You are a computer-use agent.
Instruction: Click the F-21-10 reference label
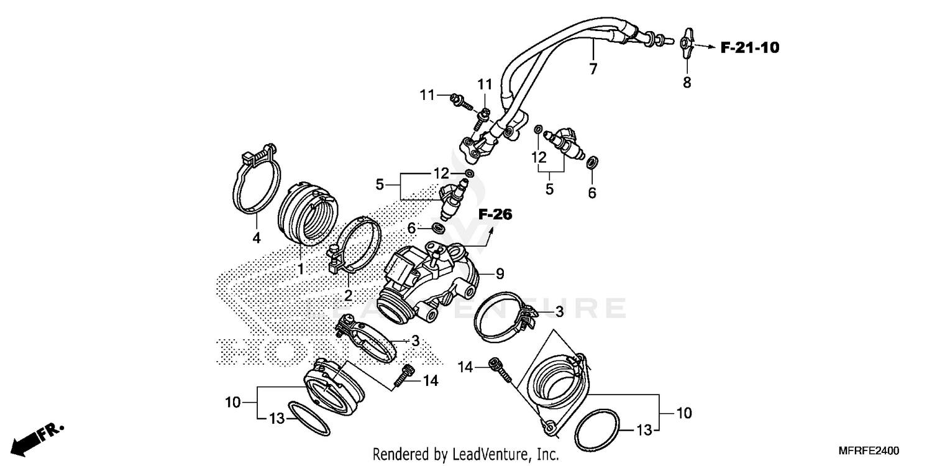750,47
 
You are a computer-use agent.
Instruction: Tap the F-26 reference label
495,215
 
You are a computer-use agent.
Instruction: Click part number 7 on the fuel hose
593,68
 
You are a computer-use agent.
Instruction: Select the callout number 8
687,82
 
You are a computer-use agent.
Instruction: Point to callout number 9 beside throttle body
500,273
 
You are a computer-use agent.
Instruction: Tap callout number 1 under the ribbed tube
300,269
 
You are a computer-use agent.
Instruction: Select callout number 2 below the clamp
348,296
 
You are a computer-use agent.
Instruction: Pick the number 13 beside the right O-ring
644,429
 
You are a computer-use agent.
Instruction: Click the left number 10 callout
232,403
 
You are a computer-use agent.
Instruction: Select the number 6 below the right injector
592,193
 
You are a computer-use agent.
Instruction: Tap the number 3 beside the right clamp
559,312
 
